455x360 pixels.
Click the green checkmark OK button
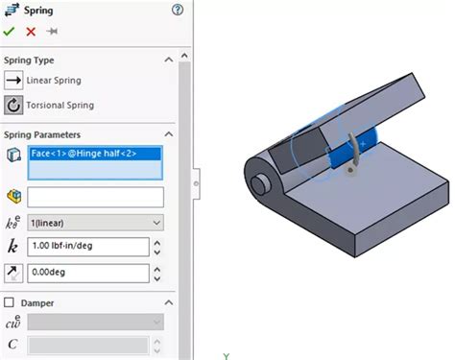coord(10,32)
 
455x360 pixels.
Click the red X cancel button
coord(31,32)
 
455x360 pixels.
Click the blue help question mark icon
coord(177,10)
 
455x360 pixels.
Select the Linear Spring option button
coord(13,81)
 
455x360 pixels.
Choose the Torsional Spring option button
coord(13,106)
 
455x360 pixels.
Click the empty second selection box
coord(95,197)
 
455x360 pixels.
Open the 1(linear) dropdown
coord(95,223)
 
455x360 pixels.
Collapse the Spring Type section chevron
coord(170,60)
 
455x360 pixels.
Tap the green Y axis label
coord(227,354)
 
